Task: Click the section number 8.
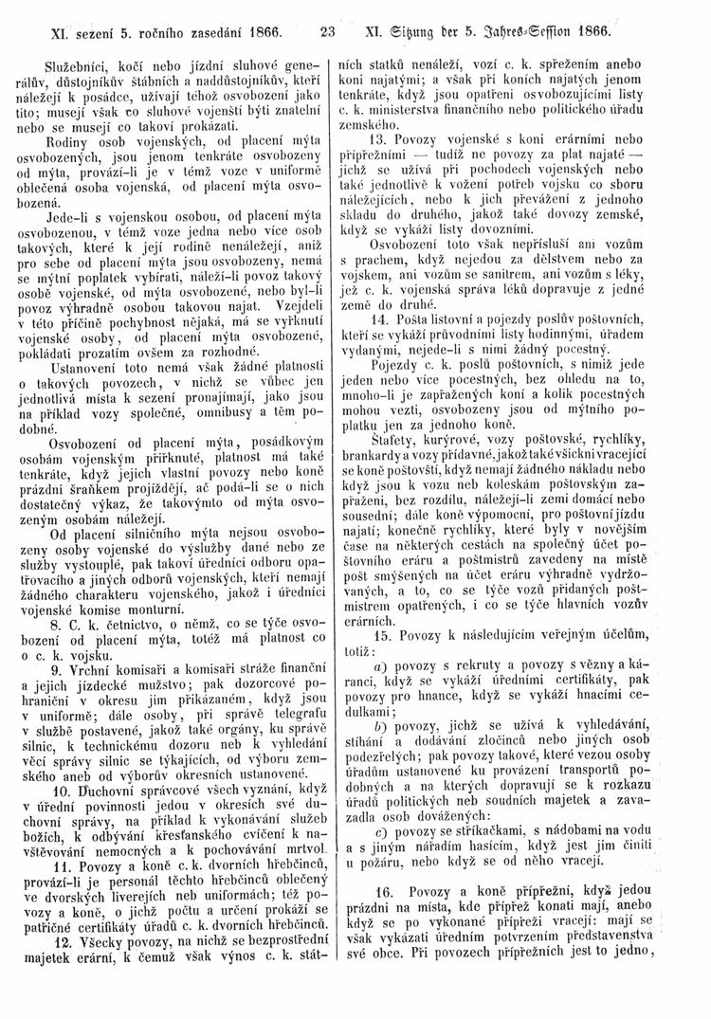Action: (x=60, y=602)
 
